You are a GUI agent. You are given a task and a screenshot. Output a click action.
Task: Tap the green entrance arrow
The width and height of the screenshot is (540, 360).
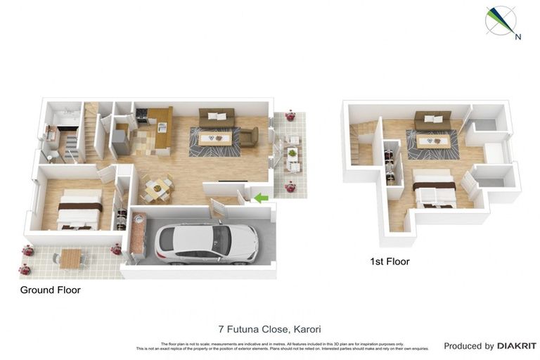[261, 198]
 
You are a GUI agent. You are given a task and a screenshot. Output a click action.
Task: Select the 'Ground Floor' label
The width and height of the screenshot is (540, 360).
[50, 290]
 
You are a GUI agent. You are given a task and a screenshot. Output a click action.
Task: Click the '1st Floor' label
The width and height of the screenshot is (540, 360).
[390, 262]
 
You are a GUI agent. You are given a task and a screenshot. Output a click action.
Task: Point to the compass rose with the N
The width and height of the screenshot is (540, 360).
[501, 20]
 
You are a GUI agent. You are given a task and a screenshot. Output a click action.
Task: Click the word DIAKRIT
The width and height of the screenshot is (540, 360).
[517, 346]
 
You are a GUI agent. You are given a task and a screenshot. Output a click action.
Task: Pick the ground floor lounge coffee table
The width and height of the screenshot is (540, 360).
[214, 139]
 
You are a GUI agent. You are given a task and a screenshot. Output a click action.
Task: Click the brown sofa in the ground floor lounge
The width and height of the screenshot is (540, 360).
[217, 117]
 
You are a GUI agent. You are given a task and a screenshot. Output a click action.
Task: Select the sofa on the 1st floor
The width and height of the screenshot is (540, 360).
[432, 121]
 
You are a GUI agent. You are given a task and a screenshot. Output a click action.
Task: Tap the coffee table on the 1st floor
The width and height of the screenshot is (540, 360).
[432, 141]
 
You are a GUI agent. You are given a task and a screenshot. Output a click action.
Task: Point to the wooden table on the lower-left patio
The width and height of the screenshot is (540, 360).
[70, 258]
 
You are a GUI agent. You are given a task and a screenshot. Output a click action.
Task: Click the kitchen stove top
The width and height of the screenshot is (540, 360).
[141, 114]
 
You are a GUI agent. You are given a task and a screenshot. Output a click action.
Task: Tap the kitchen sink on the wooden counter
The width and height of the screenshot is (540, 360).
[161, 127]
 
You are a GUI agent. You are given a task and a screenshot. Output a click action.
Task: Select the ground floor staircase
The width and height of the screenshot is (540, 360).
[91, 134]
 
